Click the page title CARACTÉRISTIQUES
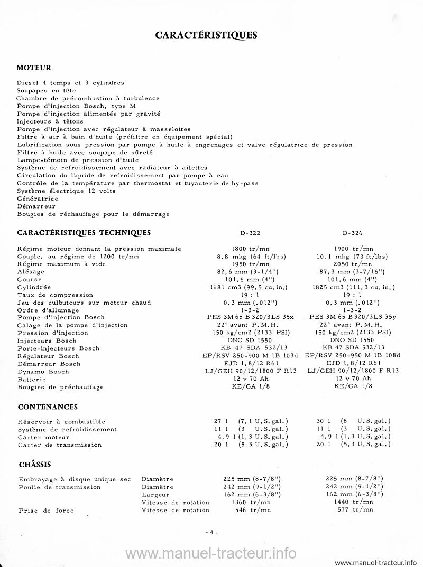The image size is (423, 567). pos(206,35)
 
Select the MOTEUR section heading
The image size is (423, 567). pos(34,68)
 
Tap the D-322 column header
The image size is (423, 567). pos(250,233)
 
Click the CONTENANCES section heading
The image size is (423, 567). pos(48,407)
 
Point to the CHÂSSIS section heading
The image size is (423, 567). pos(34,465)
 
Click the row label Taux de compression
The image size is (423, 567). pos(55,295)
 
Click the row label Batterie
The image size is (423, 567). pos(32,379)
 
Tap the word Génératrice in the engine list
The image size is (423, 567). pos(37,199)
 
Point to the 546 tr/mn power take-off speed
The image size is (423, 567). pos(251,510)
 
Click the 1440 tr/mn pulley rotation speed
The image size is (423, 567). pos(354,502)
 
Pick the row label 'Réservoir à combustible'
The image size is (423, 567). pos(61,421)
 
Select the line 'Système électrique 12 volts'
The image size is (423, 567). pos(66,191)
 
